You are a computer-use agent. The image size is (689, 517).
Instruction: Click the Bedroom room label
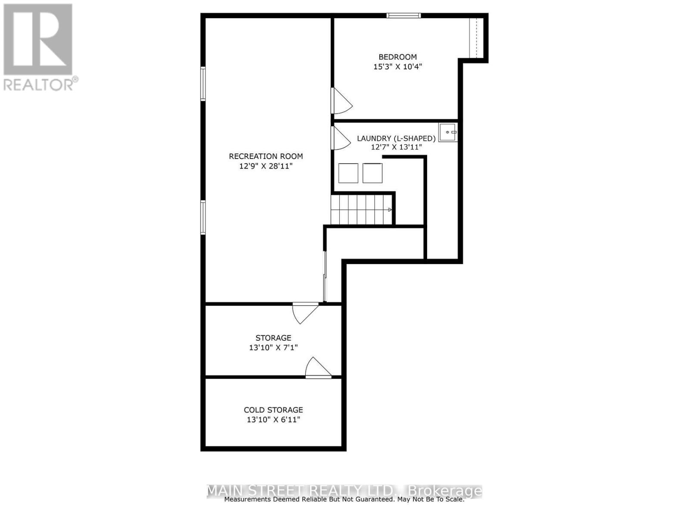tap(397, 57)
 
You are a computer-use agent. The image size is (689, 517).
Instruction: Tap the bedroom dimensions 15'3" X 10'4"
tap(397, 67)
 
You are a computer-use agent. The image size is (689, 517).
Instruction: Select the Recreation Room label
tap(266, 156)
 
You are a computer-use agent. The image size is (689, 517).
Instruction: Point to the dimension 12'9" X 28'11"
tap(266, 166)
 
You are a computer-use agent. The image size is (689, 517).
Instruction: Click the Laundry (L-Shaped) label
tap(396, 138)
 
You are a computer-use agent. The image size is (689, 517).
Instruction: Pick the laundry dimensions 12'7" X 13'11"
tap(396, 147)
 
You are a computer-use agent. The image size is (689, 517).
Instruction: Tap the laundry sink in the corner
tap(448, 132)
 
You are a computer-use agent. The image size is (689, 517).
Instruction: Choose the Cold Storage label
tap(273, 410)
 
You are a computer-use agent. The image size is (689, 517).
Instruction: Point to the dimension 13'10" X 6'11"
tap(273, 420)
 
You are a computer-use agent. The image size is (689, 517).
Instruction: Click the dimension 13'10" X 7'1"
tap(273, 347)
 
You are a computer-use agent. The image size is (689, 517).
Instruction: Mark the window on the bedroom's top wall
tap(403, 16)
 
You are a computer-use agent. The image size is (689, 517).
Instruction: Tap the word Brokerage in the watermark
tap(444, 491)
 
